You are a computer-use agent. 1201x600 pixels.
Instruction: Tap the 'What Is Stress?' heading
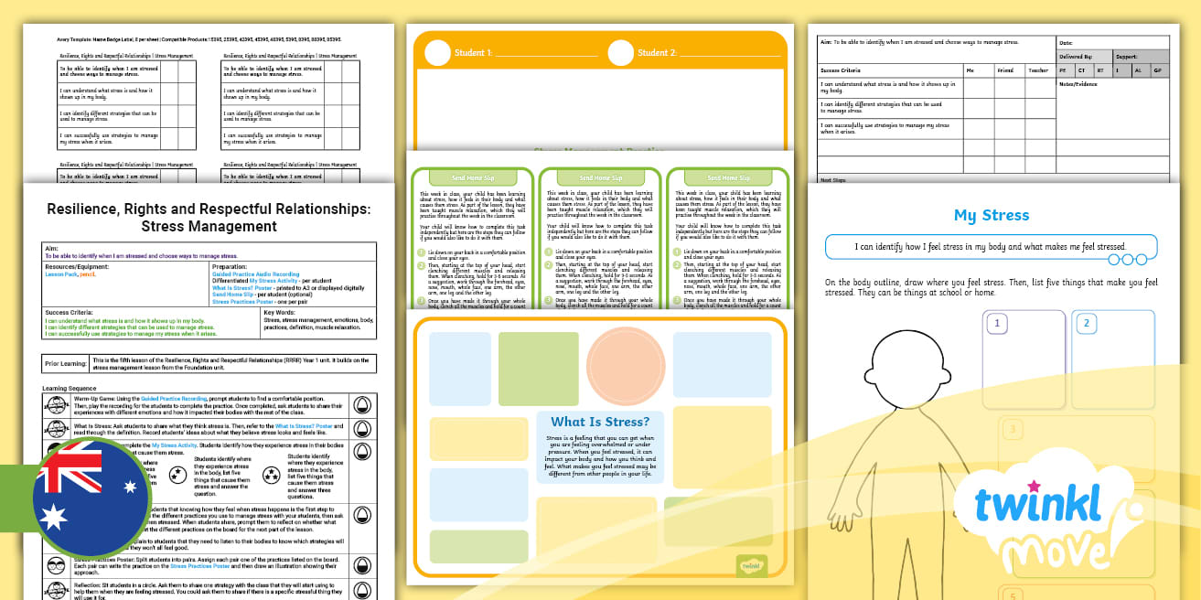[599, 422]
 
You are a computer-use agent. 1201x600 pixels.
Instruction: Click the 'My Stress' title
[991, 216]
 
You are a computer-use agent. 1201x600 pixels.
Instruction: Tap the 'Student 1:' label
[473, 53]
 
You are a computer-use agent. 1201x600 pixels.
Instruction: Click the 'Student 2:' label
[656, 53]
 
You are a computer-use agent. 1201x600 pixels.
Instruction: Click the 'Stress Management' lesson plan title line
[209, 226]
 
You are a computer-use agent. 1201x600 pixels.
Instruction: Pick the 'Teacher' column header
[1038, 70]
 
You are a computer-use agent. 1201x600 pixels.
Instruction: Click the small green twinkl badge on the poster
[752, 564]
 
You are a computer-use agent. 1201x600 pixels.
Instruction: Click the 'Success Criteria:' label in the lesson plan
[70, 313]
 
